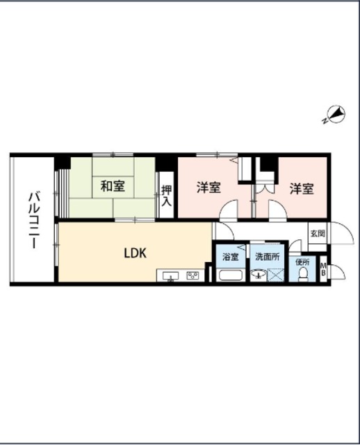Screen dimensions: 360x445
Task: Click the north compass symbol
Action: click(336, 115)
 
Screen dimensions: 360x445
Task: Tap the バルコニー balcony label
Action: click(34, 220)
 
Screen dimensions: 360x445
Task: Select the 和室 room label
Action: click(113, 186)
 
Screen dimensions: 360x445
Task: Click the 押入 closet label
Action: click(166, 196)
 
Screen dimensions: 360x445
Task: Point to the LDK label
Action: click(136, 253)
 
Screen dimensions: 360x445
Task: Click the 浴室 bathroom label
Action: click(230, 257)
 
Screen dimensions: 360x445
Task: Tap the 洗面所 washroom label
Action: click(268, 257)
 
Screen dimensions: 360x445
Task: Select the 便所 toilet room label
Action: click(302, 262)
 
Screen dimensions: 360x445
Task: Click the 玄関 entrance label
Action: click(318, 234)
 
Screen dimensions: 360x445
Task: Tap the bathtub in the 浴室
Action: click(231, 275)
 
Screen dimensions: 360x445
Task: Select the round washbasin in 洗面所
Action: click(258, 275)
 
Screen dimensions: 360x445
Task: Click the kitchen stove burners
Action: click(193, 275)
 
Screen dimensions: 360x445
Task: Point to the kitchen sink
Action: click(170, 276)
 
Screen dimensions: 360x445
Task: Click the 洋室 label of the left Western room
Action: click(209, 188)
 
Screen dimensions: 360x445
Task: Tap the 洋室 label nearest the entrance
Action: click(302, 188)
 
